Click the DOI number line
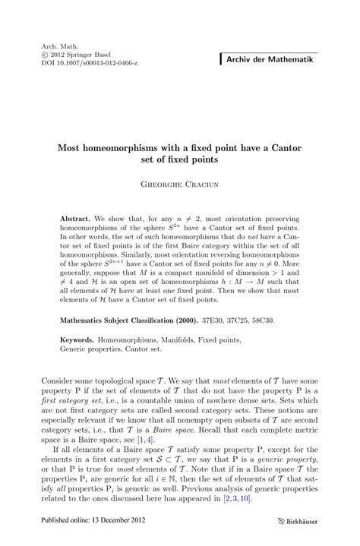coord(90,63)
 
